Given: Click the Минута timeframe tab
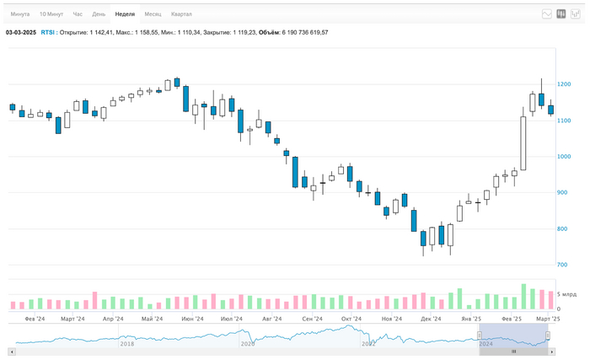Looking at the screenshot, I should [x=20, y=14].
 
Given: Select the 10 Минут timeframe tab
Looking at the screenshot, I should [x=50, y=14].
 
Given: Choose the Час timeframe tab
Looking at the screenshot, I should [x=78, y=14].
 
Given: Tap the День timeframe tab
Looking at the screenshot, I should [x=99, y=14].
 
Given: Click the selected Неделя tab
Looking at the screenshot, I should [x=125, y=14].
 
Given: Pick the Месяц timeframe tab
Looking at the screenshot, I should [x=153, y=14].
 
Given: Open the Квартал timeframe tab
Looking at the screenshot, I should [x=181, y=14].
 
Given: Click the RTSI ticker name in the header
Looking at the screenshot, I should [x=47, y=32].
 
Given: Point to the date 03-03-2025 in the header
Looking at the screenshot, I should [x=21, y=32].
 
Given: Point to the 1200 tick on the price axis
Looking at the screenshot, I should [x=564, y=84].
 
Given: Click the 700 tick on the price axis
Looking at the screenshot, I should [x=562, y=266].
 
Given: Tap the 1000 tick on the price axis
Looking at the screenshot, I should [x=564, y=157].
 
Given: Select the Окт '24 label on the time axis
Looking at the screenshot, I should [x=351, y=320].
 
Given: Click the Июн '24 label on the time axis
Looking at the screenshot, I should [x=191, y=320].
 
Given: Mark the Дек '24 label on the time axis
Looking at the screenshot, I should [x=432, y=320].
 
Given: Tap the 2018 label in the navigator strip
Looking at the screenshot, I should [x=126, y=344].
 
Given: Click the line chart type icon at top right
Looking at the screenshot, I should [x=546, y=14].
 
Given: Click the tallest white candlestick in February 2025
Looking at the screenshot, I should [x=523, y=143].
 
